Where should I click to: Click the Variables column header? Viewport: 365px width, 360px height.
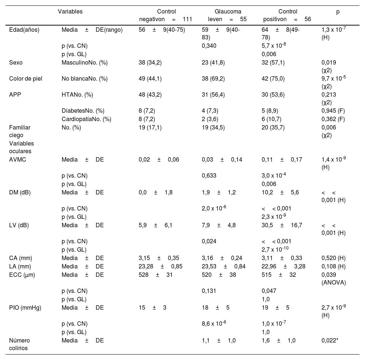pos(70,11)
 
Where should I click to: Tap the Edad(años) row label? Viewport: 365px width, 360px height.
pos(24,30)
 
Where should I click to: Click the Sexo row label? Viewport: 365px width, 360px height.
pos(16,62)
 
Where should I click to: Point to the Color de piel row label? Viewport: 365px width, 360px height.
pos(26,78)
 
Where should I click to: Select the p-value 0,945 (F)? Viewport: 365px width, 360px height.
pos(333,111)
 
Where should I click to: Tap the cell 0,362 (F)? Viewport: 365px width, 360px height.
pos(333,119)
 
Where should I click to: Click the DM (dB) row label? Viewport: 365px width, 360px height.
pos(20,192)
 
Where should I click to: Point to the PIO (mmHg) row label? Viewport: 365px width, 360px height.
pos(25,307)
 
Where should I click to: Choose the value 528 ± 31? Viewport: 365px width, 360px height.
pos(156,275)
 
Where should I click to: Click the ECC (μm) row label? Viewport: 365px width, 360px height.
pos(22,275)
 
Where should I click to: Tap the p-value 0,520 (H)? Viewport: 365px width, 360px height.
pos(333,259)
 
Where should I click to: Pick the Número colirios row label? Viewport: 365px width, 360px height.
pos(19,344)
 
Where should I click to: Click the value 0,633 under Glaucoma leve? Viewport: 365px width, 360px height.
pos(209,175)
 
